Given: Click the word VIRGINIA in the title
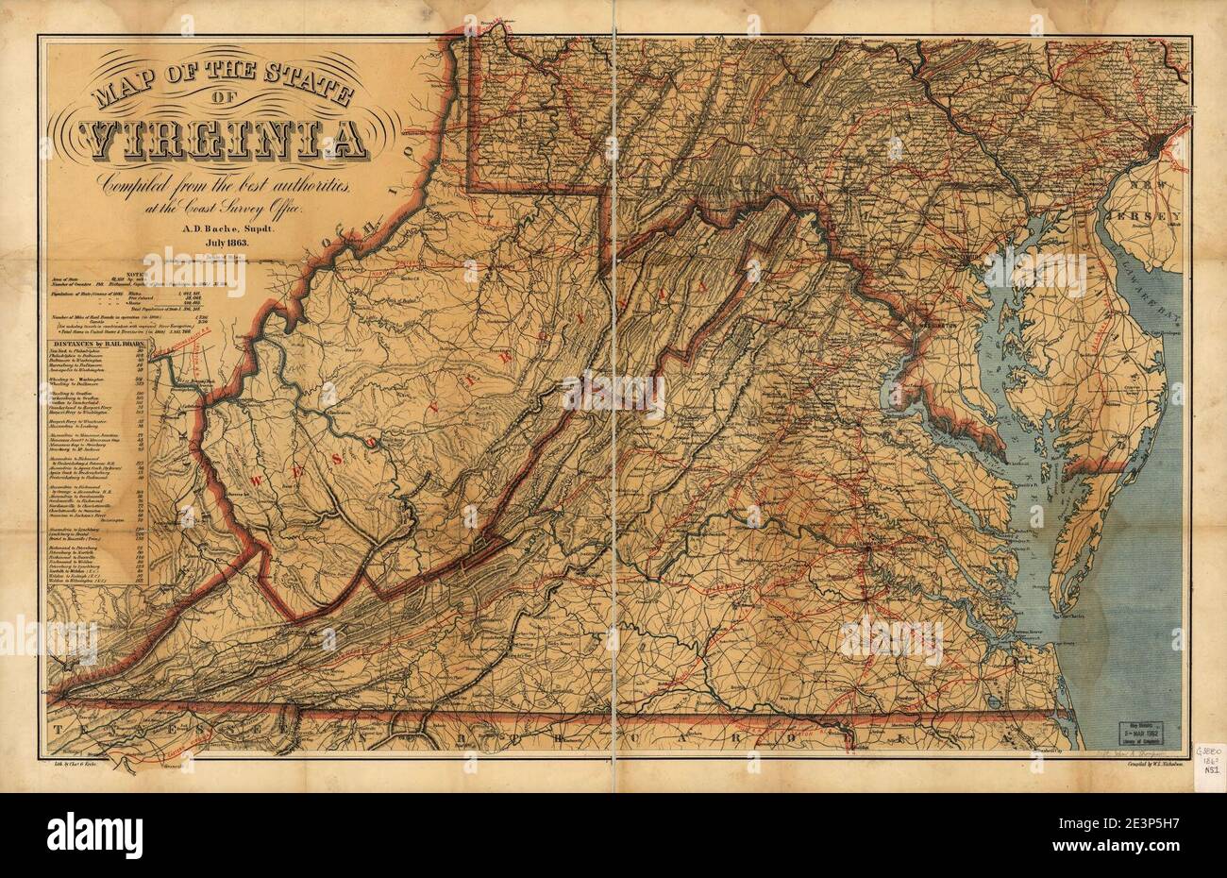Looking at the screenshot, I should click(223, 140).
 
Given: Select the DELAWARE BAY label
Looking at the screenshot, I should click(1152, 282).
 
